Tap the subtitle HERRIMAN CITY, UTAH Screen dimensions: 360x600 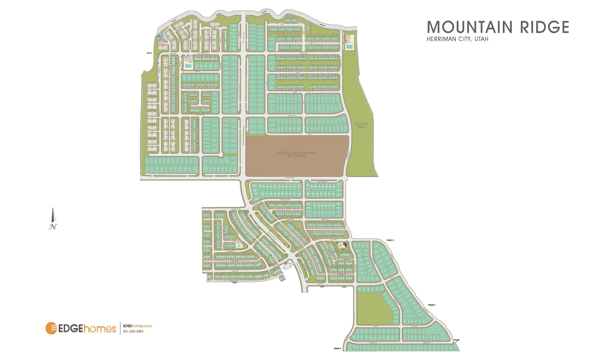[x=457, y=39]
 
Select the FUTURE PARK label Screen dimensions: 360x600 [x=362, y=126]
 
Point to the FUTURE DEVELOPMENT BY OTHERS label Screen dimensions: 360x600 [x=297, y=155]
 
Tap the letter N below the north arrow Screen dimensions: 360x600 [x=52, y=227]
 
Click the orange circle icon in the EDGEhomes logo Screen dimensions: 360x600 [x=52, y=328]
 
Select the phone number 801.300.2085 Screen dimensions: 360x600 [x=133, y=331]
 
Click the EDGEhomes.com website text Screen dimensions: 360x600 [x=137, y=326]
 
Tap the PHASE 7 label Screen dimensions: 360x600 [x=456, y=341]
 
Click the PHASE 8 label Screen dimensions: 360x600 [x=337, y=348]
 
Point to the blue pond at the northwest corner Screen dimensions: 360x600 [x=159, y=37]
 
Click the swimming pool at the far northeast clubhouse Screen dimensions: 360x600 [x=348, y=46]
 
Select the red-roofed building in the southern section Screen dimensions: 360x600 [x=345, y=246]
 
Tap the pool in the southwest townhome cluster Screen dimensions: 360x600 [x=238, y=246]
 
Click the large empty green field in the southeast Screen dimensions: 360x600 [x=373, y=308]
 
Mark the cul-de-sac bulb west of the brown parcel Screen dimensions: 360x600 [x=220, y=155]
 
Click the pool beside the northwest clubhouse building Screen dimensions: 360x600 [x=188, y=66]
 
